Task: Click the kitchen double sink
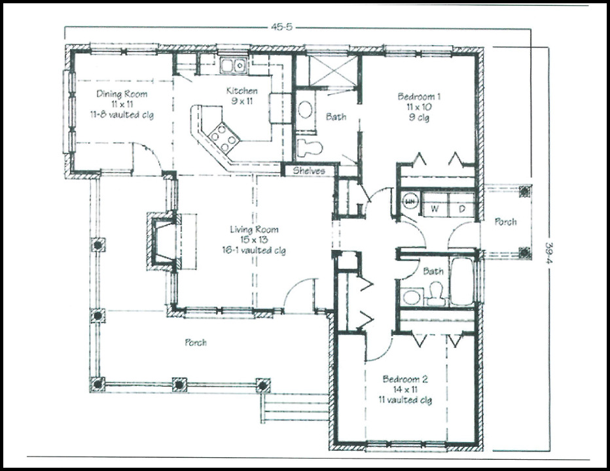[232, 65]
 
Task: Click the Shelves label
[308, 171]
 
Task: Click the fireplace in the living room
[162, 241]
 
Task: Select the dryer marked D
[461, 209]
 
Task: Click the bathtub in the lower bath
[461, 283]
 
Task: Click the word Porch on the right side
[505, 222]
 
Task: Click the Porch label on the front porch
[196, 342]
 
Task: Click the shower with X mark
[333, 71]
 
